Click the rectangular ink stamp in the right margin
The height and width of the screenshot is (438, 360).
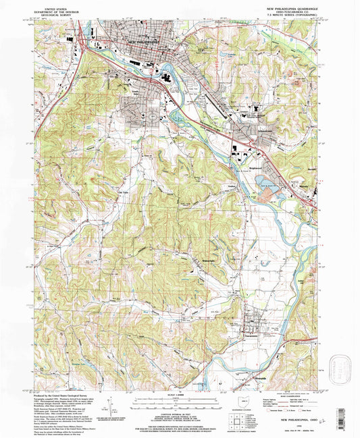[x=344, y=368]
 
